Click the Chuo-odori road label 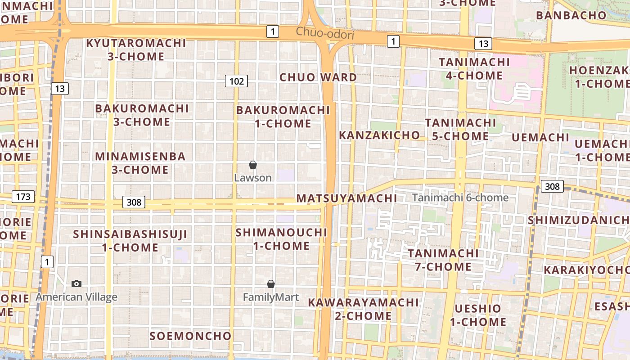click(x=325, y=34)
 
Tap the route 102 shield click(x=236, y=81)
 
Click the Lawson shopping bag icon click(x=253, y=165)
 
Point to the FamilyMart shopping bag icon click(x=271, y=284)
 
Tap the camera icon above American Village click(x=76, y=283)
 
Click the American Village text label click(x=76, y=297)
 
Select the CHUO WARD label click(x=318, y=77)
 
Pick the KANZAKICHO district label click(x=379, y=135)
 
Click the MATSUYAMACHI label click(x=346, y=198)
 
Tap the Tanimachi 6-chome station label click(x=460, y=198)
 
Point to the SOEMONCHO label click(x=190, y=336)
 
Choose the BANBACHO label click(x=571, y=15)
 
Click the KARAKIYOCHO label click(x=586, y=270)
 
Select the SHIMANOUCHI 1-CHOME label click(x=281, y=239)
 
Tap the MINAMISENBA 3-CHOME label click(x=140, y=163)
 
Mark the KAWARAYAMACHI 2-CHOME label click(x=363, y=309)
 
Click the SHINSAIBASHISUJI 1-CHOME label click(x=130, y=241)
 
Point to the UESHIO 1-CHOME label click(x=478, y=315)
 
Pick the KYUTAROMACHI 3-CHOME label click(x=136, y=49)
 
